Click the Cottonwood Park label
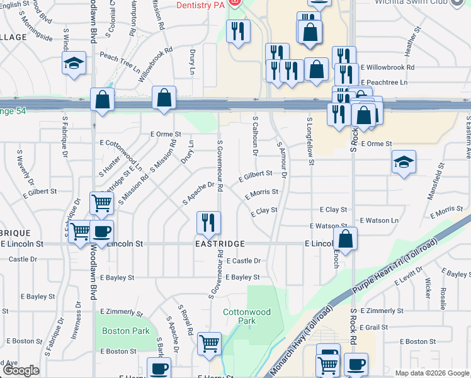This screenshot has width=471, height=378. coord(247,316)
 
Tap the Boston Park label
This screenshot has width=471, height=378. coord(126,331)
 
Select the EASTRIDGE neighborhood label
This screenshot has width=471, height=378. coord(218,243)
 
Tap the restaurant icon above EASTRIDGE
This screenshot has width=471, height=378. coord(208,222)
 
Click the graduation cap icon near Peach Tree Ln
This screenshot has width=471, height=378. coord(74,64)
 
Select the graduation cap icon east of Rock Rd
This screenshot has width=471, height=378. coord(403,162)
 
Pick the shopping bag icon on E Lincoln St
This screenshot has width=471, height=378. coord(345,239)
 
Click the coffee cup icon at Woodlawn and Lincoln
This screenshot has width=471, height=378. coord(101,231)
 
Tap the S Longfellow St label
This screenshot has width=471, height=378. coord(310,142)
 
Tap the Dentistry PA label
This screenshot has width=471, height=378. coord(200,4)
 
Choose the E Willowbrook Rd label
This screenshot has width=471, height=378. coord(387,67)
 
